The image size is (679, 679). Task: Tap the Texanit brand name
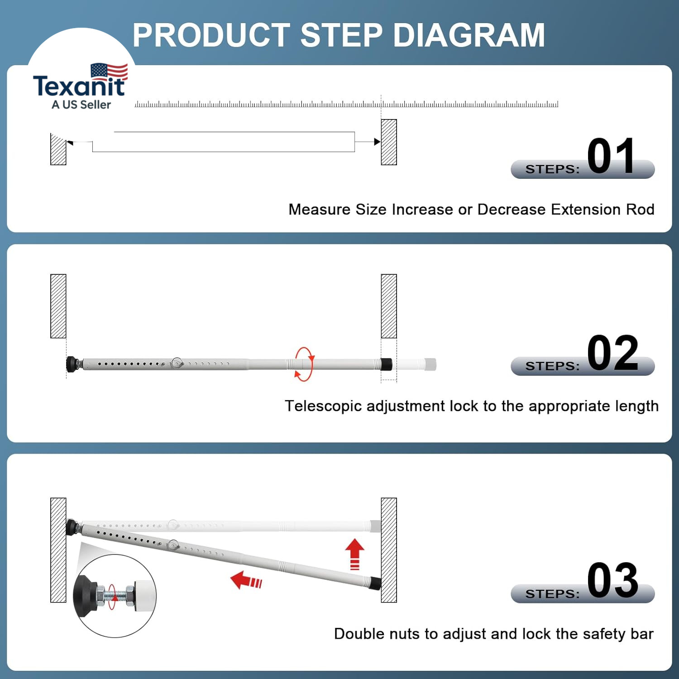point(79,85)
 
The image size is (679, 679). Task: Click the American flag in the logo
point(109,72)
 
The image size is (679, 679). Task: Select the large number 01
point(611,156)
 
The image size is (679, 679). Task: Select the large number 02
point(612,353)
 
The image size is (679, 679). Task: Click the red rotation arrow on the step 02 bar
point(304,364)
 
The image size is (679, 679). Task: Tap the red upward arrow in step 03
point(355,554)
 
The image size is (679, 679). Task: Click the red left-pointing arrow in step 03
point(246,580)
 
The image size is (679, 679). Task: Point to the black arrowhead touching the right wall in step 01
point(378,142)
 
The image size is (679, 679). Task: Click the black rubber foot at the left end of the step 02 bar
point(72,364)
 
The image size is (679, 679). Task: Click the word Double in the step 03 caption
point(359,634)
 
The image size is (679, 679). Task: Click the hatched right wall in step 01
point(389,142)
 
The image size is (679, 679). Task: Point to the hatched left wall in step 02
point(58,306)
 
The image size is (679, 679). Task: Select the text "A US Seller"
point(81,105)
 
